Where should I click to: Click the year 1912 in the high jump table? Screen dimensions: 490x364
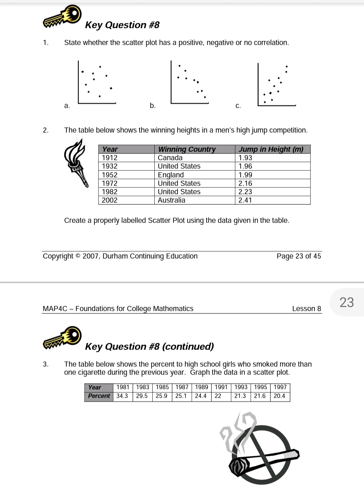110,158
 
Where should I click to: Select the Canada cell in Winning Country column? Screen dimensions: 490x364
170,158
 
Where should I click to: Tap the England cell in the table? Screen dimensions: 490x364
171,175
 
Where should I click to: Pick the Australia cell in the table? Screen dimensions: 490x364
172,200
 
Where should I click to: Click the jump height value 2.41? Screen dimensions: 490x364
245,200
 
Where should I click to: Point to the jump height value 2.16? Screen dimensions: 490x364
245,184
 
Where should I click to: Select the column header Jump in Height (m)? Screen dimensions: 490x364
271,149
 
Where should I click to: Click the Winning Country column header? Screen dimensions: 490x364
187,149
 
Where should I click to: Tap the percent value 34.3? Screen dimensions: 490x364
122,396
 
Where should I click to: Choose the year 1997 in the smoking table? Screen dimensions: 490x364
280,387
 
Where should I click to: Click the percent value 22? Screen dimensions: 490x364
218,396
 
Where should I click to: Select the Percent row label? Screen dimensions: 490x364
99,396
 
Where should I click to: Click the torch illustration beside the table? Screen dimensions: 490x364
77,162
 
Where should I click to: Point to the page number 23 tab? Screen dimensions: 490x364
347,302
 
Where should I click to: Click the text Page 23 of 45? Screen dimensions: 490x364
299,256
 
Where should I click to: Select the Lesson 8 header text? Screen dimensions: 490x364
306,309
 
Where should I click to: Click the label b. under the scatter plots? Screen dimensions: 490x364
153,106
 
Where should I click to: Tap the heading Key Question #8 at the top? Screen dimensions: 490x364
122,25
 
